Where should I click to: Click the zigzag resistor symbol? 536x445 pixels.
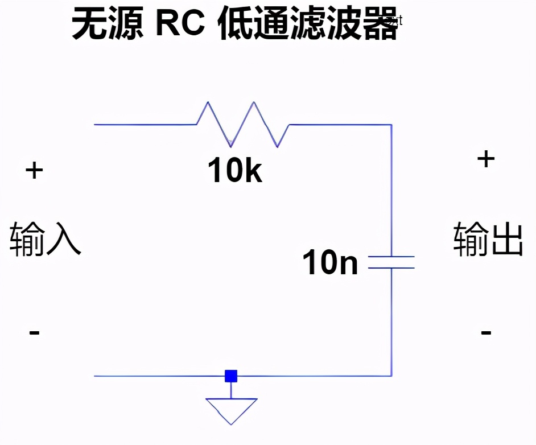[x=243, y=124]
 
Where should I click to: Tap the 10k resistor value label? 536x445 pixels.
[x=235, y=170]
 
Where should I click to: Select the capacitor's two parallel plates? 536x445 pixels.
[x=391, y=262]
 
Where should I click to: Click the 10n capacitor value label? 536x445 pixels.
[x=331, y=263]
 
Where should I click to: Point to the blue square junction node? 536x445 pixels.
[x=231, y=376]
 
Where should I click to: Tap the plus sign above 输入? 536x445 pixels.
[x=34, y=170]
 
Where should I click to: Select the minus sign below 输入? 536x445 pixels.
[x=34, y=332]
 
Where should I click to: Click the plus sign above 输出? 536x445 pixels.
[x=486, y=159]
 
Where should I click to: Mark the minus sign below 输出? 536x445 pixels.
[x=486, y=332]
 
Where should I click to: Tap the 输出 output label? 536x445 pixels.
[x=488, y=240]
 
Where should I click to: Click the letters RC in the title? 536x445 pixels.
[x=181, y=25]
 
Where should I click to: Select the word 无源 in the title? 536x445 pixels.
[x=108, y=25]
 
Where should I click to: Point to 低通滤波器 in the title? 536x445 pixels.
[x=307, y=25]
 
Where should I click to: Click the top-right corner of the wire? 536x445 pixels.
[x=391, y=124]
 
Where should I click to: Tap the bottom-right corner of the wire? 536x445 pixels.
[x=391, y=376]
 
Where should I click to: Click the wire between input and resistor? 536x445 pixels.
[x=145, y=124]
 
